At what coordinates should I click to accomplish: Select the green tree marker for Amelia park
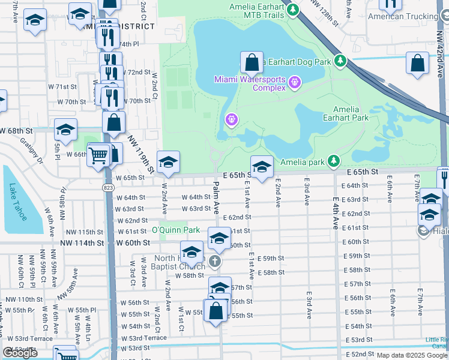tap(334, 161)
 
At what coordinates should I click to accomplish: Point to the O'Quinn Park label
tap(175, 230)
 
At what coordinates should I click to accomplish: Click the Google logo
tap(20, 353)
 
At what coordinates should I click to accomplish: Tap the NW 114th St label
tap(82, 243)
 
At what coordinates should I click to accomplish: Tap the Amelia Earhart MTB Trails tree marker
tap(293, 10)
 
